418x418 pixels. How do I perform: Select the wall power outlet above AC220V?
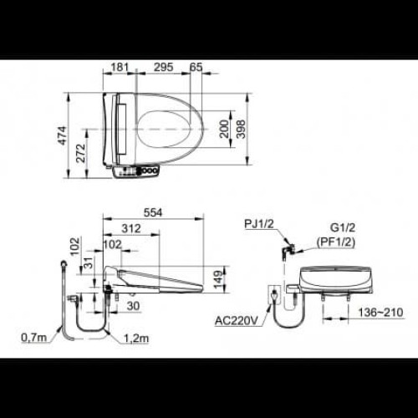272,295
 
